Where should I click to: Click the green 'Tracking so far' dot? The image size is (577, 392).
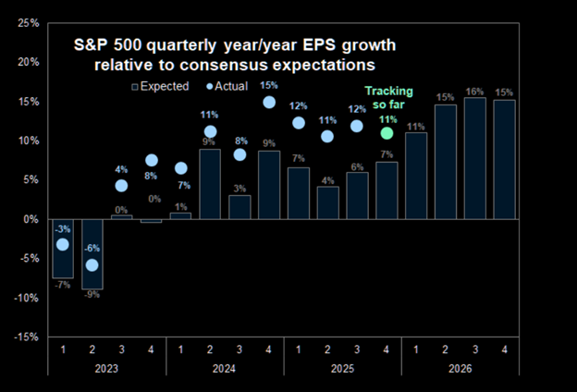[387, 133]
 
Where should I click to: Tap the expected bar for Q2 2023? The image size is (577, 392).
[92, 254]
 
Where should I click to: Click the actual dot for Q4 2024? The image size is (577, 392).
[269, 103]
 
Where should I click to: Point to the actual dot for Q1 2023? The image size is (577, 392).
[62, 245]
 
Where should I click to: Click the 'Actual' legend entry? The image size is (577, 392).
[227, 87]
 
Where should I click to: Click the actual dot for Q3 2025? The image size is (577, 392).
[358, 126]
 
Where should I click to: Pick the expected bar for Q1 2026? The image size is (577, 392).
[416, 176]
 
